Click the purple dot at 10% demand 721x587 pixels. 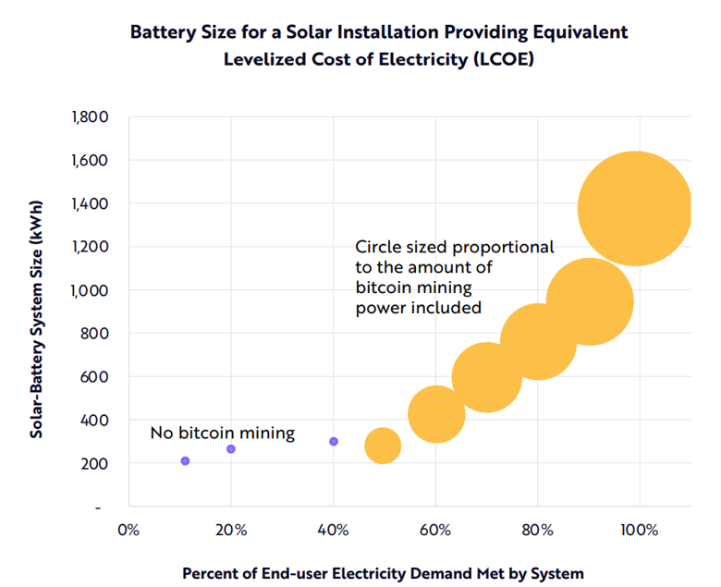pos(185,460)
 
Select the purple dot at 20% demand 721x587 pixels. pos(231,449)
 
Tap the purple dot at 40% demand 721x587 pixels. pos(334,442)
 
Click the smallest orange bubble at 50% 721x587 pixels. pos(383,446)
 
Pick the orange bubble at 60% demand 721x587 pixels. pos(435,413)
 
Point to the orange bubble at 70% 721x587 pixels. pos(487,376)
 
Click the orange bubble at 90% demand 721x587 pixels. pos(590,301)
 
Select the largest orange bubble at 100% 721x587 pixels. pos(635,209)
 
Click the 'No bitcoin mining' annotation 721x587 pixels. pos(222,433)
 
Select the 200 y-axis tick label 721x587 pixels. pos(96,463)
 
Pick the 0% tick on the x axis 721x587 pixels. pos(128,531)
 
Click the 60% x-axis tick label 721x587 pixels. pos(435,531)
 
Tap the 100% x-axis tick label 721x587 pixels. pos(640,531)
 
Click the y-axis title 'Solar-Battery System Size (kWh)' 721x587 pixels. pos(36,312)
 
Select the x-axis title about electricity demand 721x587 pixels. pos(383,573)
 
